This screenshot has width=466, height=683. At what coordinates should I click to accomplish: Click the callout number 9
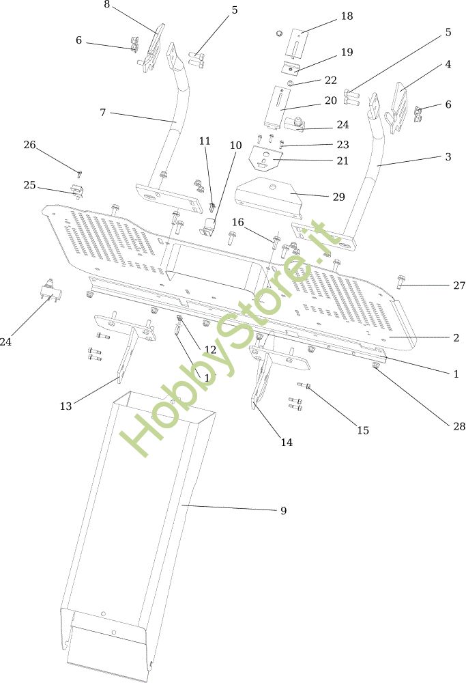(x=283, y=511)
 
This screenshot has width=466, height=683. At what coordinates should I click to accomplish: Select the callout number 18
(x=347, y=16)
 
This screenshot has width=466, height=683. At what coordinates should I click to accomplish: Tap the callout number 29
(x=339, y=197)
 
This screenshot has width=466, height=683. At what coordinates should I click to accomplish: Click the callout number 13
(x=65, y=406)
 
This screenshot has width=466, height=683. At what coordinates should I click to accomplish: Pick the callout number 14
(x=287, y=442)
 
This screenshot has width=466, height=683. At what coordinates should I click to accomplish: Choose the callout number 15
(x=362, y=430)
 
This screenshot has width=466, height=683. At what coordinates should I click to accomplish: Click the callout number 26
(x=29, y=145)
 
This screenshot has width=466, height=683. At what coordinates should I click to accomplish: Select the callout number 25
(x=29, y=185)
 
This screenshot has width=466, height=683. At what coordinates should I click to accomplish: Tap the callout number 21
(x=342, y=161)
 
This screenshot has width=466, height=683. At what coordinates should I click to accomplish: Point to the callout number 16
(x=237, y=222)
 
